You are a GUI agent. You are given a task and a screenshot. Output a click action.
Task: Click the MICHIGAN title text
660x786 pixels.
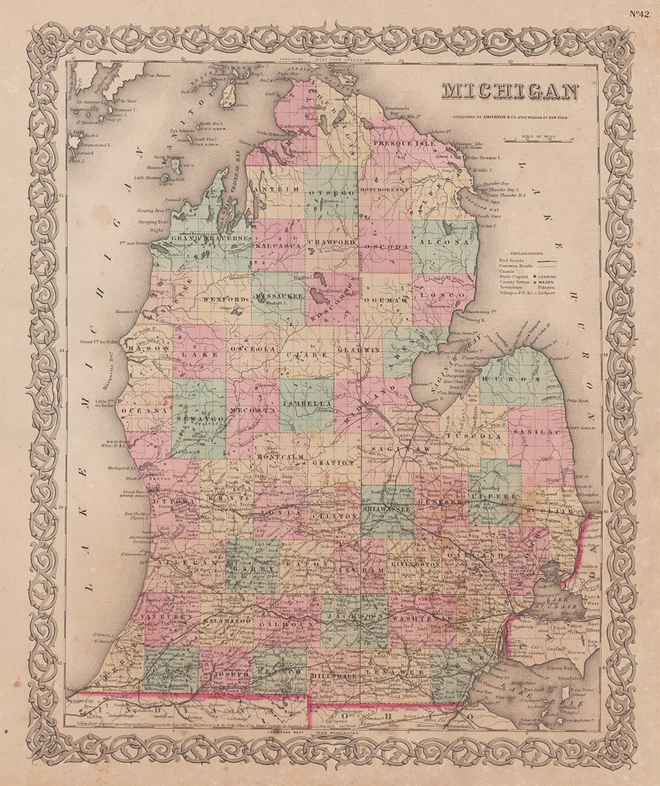tap(509, 91)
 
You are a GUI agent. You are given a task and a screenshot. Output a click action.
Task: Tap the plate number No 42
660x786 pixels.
tap(640, 13)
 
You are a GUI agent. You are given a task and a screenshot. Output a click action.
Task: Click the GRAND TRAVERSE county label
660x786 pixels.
tap(199, 237)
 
